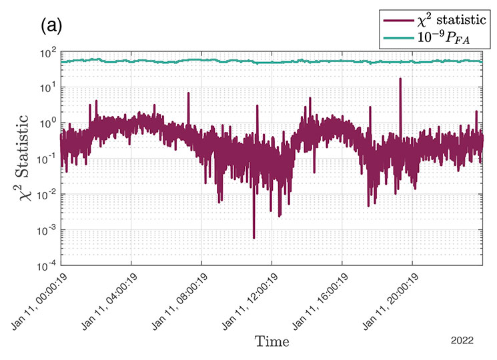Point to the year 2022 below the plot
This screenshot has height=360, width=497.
click(462, 340)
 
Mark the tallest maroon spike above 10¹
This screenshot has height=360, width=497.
click(400, 79)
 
